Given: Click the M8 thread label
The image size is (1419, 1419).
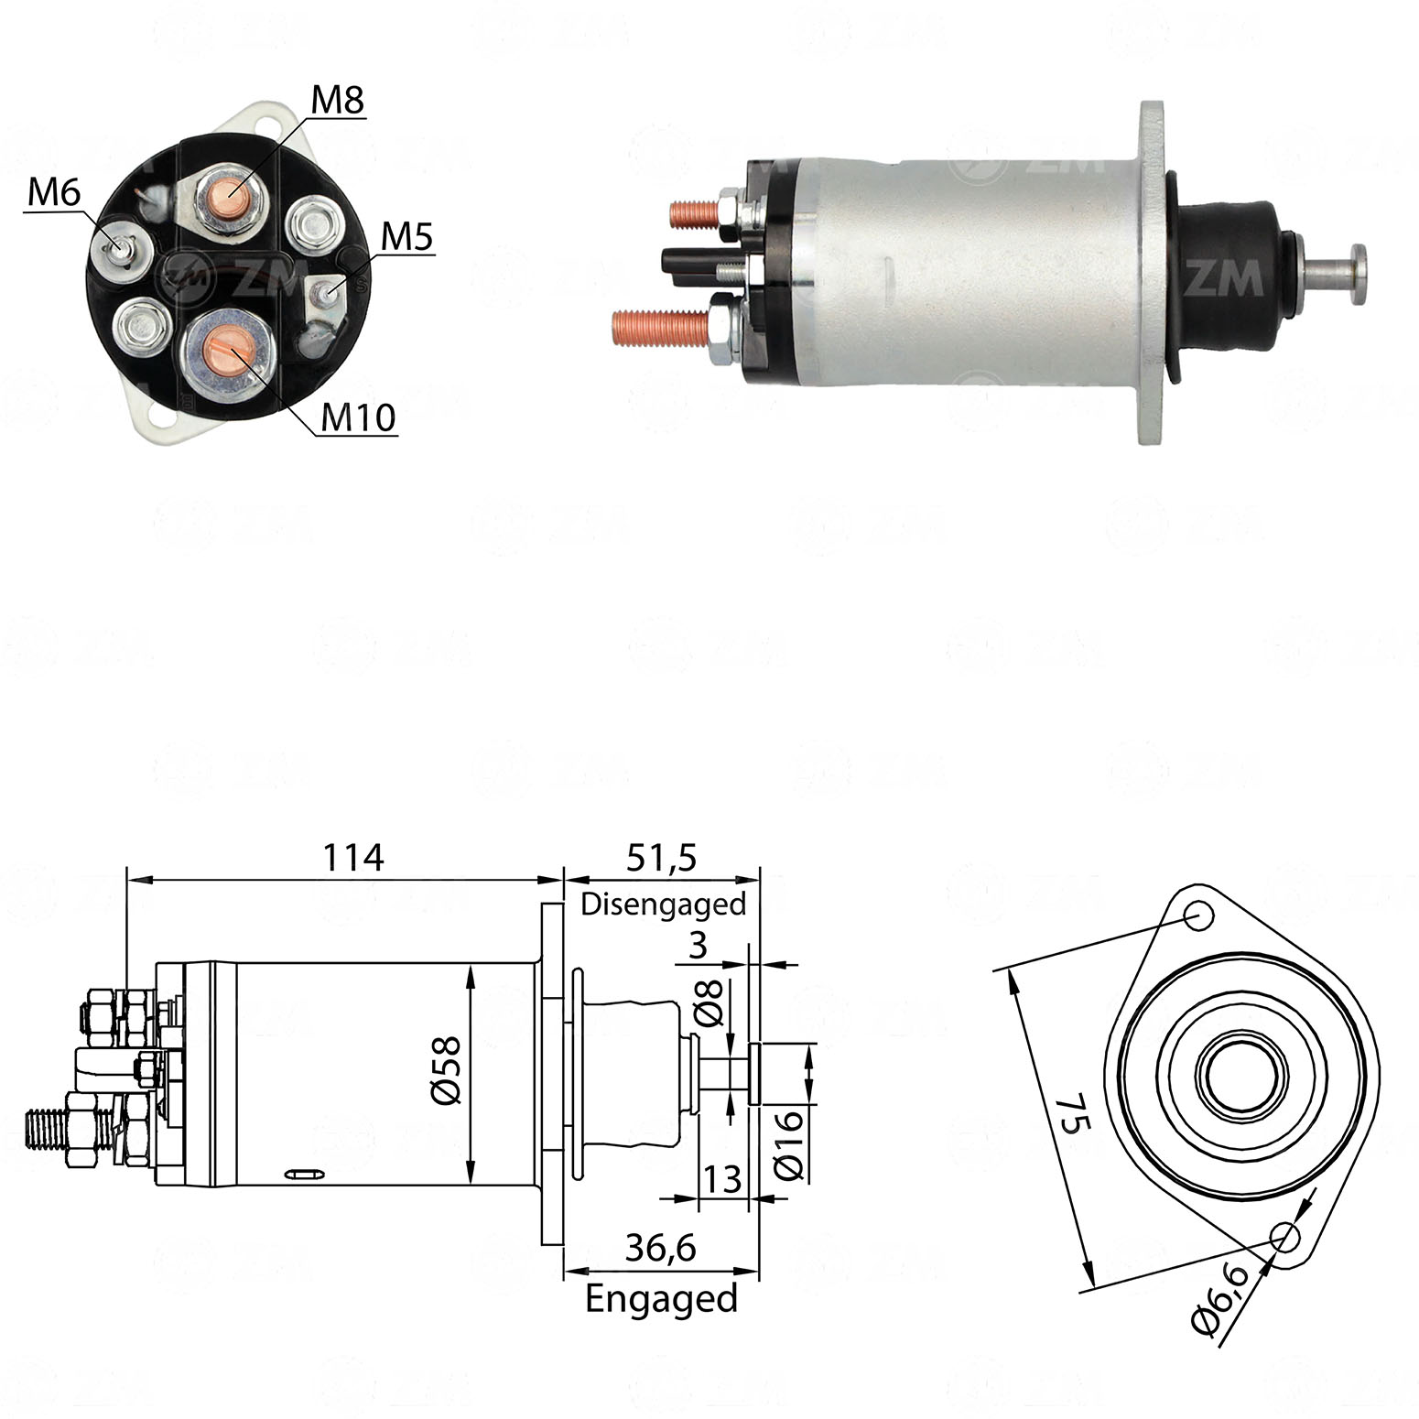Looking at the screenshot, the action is click(338, 100).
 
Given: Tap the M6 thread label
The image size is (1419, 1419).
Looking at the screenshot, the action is click(54, 192).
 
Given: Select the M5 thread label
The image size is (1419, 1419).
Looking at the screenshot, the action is click(406, 237).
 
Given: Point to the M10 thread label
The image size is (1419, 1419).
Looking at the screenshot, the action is click(358, 417).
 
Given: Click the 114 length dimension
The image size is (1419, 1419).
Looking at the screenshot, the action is click(353, 858).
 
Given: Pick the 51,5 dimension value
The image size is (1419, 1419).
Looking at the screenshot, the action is click(662, 858).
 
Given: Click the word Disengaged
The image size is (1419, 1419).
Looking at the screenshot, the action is click(664, 904).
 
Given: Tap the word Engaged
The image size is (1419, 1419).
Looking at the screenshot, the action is click(661, 1299).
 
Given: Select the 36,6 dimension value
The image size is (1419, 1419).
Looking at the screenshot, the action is click(661, 1248).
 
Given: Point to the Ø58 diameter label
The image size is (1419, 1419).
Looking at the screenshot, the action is click(446, 1070).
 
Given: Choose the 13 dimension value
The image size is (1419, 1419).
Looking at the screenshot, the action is click(721, 1179).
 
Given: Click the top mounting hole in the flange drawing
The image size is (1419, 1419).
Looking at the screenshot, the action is click(1198, 915).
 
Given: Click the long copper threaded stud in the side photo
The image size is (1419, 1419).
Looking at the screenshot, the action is click(660, 326).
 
